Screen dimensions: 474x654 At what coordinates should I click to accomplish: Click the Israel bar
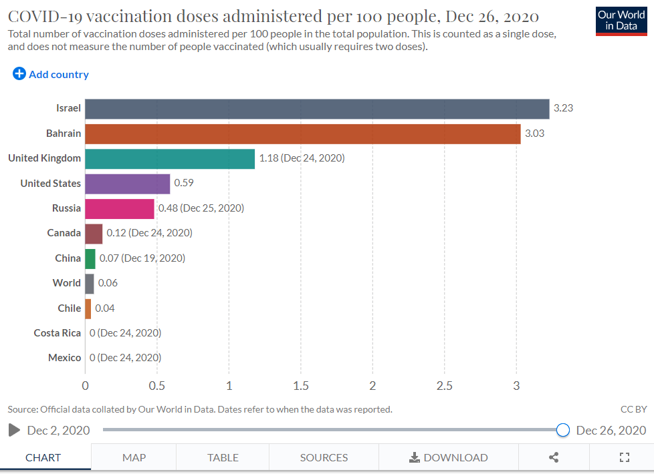[317, 109]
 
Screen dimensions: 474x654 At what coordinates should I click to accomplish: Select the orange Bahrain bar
[302, 134]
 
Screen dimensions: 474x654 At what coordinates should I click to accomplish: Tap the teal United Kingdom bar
[170, 158]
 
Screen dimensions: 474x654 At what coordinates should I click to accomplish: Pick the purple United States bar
[127, 183]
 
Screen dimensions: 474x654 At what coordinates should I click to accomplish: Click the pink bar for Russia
[119, 208]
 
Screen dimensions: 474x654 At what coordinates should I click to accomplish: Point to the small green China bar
[90, 258]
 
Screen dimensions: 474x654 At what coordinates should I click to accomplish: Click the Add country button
[51, 75]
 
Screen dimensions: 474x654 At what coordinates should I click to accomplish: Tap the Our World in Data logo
[621, 21]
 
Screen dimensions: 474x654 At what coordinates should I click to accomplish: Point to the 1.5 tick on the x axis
[300, 386]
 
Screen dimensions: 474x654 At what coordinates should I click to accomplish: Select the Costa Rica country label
[58, 333]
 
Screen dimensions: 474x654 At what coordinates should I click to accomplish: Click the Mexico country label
[64, 358]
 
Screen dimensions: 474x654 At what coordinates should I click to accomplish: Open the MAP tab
[134, 457]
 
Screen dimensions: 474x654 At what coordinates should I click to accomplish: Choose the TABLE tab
[223, 457]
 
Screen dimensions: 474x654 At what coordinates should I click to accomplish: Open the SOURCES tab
[324, 457]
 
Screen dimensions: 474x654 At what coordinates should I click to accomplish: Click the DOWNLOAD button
[449, 457]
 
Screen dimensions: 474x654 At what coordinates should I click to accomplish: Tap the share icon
[554, 457]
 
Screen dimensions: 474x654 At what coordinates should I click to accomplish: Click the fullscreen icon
[625, 457]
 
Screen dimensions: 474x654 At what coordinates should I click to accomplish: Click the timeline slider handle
[563, 430]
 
